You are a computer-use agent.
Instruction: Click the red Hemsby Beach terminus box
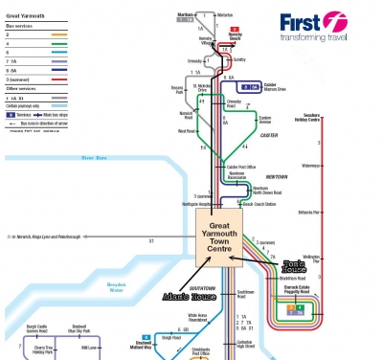pyautogui.click(x=234, y=31)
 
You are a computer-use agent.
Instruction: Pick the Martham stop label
pyautogui.click(x=186, y=14)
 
